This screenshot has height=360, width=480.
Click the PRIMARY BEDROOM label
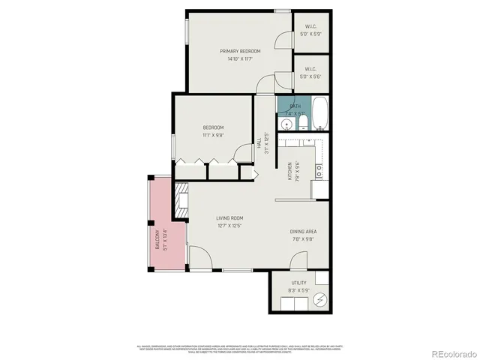click(240, 51)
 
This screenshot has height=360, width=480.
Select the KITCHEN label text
click(289, 171)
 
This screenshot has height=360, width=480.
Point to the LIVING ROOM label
click(231, 218)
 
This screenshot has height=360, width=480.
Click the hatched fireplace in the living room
click(181, 201)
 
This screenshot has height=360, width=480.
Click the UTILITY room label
click(298, 283)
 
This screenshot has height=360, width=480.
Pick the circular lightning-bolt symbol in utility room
click(320, 300)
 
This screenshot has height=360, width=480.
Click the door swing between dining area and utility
click(298, 260)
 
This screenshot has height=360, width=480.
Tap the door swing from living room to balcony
click(199, 259)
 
